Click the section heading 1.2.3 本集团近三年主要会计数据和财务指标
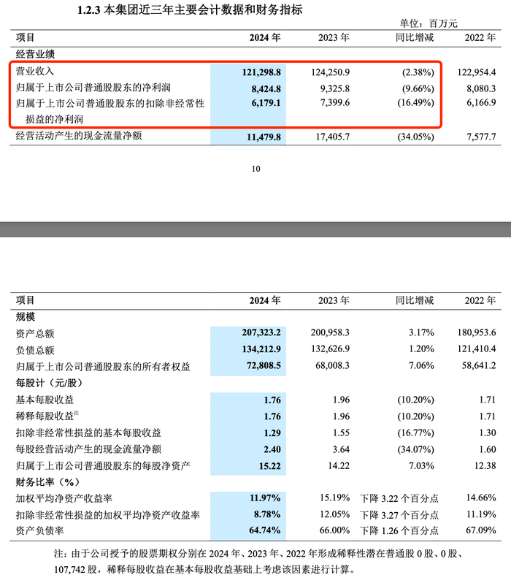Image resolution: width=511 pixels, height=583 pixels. (189, 10)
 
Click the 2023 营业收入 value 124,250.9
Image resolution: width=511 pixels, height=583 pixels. (330, 72)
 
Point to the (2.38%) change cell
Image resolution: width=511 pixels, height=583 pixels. (413, 72)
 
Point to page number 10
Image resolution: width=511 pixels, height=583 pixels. (255, 169)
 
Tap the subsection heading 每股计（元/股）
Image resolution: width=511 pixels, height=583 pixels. (49, 382)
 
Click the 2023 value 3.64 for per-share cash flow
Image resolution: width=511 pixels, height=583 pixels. (340, 449)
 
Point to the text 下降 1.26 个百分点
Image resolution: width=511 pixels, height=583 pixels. (399, 531)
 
